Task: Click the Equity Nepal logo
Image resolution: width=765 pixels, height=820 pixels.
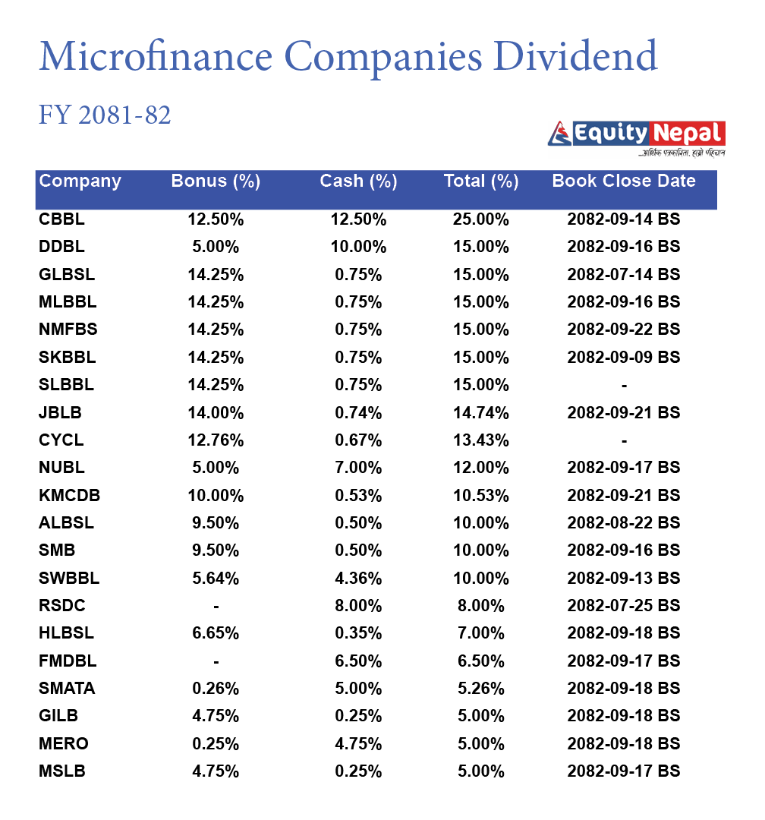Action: point(636,135)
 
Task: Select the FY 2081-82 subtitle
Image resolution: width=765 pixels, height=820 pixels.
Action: point(105,115)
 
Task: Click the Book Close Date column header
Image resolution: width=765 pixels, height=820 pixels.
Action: point(624,181)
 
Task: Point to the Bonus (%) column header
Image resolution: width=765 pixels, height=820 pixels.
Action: point(216,181)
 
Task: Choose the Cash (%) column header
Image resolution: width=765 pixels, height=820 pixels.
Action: point(358,181)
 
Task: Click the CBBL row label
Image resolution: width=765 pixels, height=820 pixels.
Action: point(61,219)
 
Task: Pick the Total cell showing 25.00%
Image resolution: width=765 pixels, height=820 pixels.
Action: point(481,219)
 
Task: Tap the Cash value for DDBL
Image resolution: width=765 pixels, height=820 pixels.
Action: point(358,247)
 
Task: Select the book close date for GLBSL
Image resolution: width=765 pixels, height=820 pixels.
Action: point(624,274)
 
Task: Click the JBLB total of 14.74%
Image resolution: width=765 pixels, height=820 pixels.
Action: point(481,413)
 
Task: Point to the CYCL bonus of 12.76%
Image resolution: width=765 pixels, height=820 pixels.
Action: point(216,440)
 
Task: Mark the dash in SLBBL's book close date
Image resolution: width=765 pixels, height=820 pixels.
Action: point(624,386)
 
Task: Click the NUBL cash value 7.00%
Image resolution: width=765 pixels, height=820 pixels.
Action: point(358,468)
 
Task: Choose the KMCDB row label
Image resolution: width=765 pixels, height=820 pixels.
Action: point(69,496)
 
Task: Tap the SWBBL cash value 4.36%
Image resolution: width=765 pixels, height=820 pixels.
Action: point(358,579)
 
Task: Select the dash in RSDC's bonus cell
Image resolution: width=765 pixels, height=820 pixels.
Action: point(216,606)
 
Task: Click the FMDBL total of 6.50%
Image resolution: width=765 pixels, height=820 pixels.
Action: point(481,661)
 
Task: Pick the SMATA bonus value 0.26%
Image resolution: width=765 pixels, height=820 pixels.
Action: point(216,689)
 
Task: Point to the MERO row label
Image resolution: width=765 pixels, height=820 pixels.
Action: point(63,743)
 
